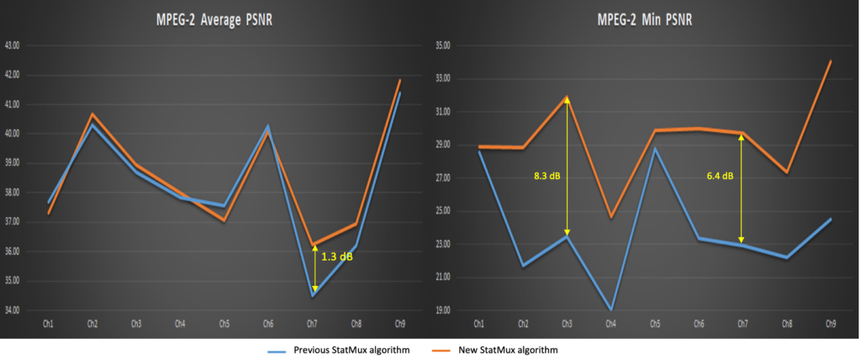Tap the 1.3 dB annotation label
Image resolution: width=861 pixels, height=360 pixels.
(337, 257)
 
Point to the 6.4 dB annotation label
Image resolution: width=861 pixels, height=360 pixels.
(720, 176)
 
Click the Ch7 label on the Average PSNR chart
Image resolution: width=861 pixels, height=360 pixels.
(313, 323)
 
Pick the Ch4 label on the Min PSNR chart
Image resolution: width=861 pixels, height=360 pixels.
(610, 323)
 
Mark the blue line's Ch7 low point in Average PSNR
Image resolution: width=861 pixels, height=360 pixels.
(313, 295)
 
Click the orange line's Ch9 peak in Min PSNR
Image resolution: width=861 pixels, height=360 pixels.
(830, 61)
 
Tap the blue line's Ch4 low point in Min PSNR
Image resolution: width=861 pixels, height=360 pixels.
(610, 310)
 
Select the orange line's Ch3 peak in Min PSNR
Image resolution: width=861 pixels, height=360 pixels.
(567, 98)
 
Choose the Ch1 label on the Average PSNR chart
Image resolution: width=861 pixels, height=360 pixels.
(49, 323)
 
